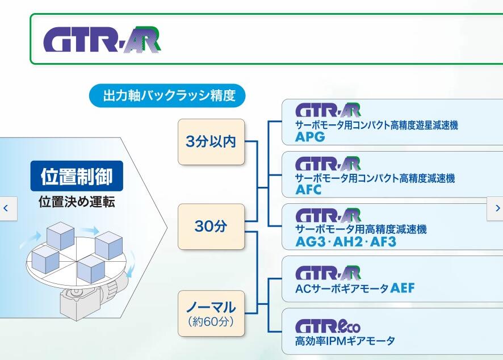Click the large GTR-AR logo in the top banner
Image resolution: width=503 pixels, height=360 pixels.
click(x=102, y=39)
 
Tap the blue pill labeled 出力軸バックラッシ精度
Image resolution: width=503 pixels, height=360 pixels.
click(x=168, y=95)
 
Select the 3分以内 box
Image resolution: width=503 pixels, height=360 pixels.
click(x=211, y=141)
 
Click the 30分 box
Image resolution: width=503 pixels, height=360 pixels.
click(x=211, y=227)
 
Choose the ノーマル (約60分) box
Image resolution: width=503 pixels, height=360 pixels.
click(x=211, y=313)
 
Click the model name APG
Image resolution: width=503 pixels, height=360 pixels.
click(x=310, y=137)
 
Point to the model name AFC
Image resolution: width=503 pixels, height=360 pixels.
click(x=308, y=190)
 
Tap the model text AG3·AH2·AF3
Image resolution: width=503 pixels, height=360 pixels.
click(x=345, y=242)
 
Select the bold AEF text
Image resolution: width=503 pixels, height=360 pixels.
click(x=403, y=288)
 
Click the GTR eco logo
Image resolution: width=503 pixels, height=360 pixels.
click(x=328, y=326)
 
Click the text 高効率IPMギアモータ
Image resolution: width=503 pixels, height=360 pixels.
click(x=345, y=341)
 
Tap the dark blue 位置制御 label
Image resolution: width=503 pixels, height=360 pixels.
click(x=77, y=177)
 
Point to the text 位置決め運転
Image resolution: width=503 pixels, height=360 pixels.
click(x=77, y=202)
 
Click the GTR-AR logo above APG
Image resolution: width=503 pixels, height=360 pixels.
click(x=328, y=110)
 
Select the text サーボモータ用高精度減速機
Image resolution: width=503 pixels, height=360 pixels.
click(x=361, y=230)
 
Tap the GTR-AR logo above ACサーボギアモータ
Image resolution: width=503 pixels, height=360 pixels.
click(x=328, y=273)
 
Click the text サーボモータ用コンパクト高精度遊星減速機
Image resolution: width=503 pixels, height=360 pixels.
click(x=376, y=125)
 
